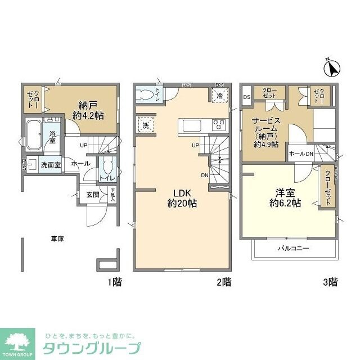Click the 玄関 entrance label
tap(93, 195)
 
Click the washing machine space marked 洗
tap(145, 125)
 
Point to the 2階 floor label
tap(223, 281)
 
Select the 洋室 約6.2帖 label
tap(285, 198)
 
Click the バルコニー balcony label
tap(292, 247)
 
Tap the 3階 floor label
tap(330, 281)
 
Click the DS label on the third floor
tap(246, 97)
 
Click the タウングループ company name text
tap(92, 347)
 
